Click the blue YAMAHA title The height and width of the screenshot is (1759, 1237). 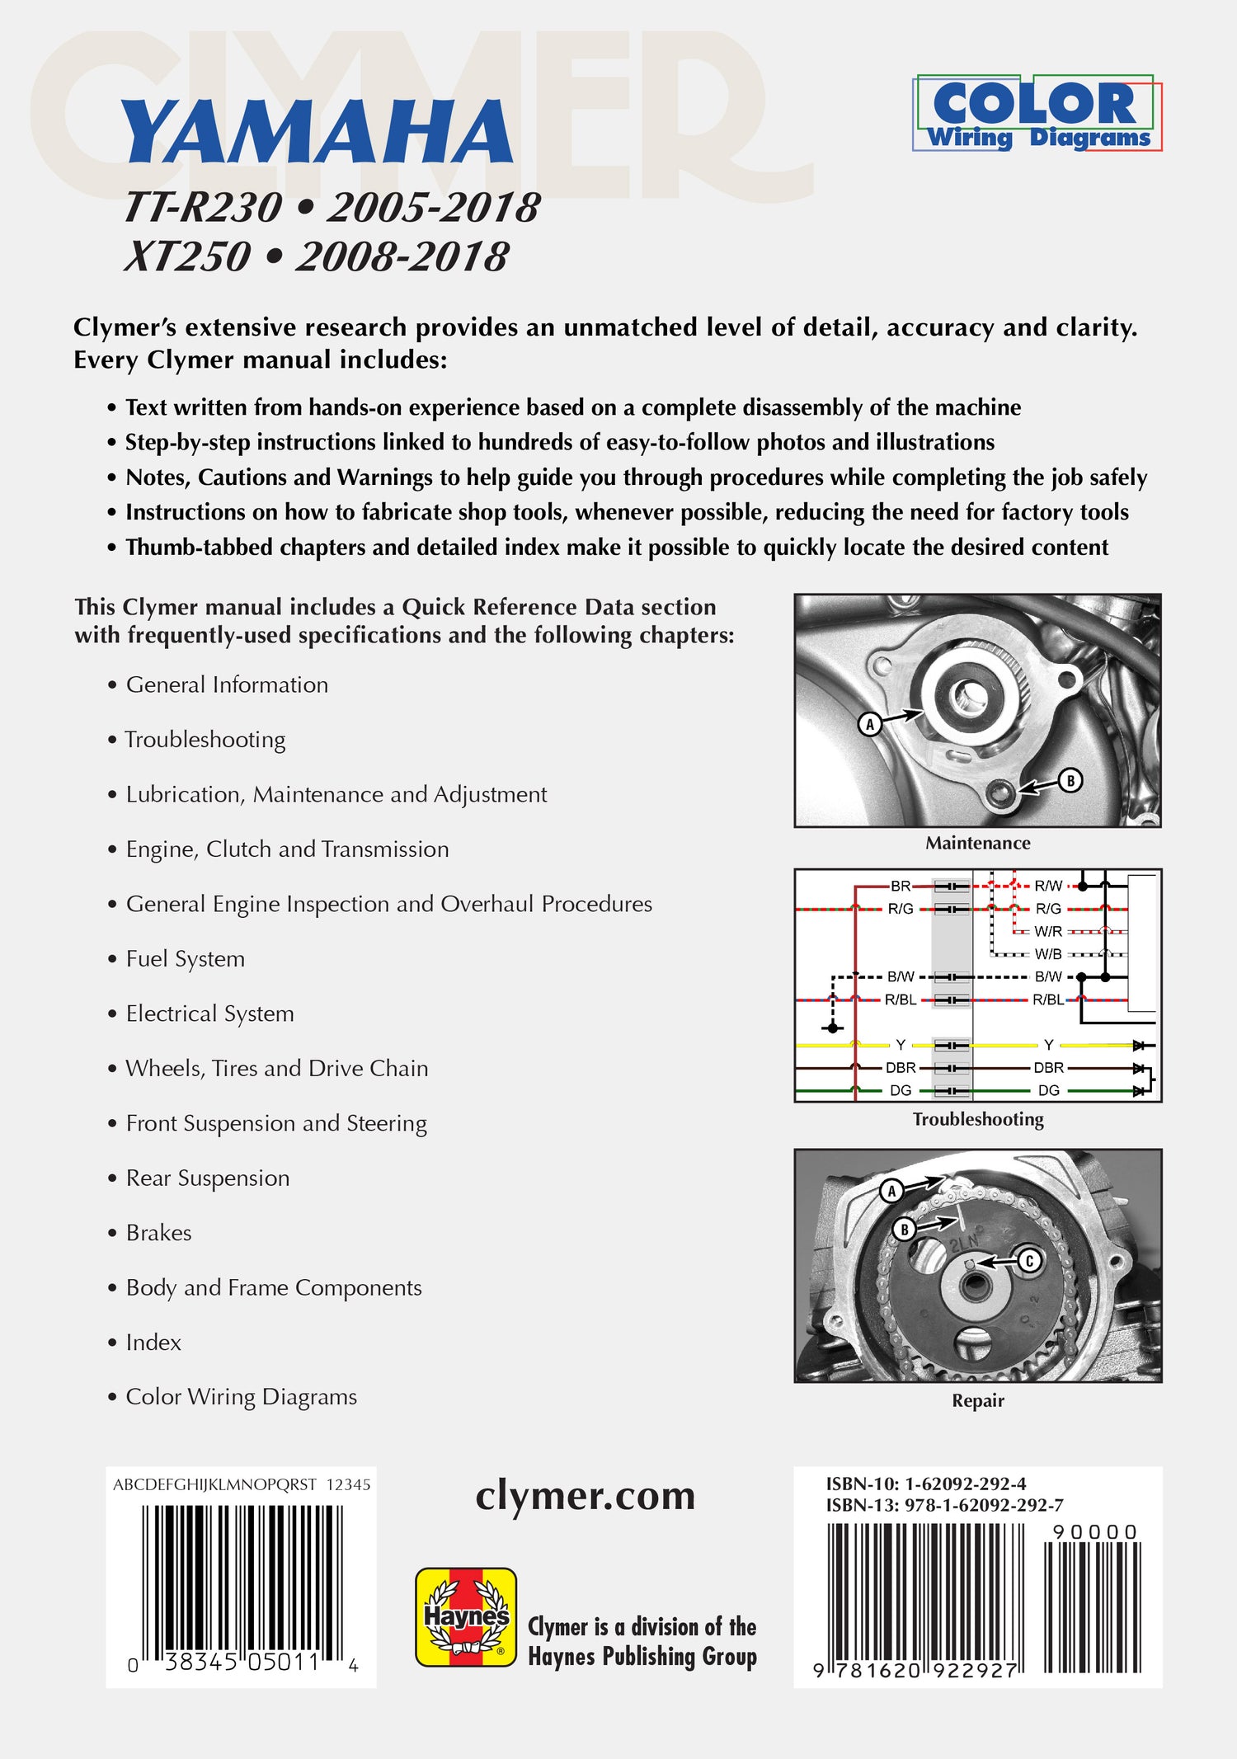point(317,132)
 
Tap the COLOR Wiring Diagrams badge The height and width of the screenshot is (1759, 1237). point(1037,114)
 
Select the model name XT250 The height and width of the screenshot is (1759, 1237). point(188,256)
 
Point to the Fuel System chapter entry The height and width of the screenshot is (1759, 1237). point(186,959)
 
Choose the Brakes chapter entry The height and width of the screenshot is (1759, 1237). point(158,1233)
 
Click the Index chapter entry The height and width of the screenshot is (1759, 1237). point(153,1343)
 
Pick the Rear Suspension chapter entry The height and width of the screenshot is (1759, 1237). point(207,1178)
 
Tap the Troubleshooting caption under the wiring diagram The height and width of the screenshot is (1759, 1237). point(977,1119)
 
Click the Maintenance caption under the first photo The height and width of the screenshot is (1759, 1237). point(977,843)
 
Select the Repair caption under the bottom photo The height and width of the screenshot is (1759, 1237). point(977,1400)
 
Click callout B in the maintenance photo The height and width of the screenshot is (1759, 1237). point(1070,780)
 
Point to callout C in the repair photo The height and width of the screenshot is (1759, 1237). point(1028,1261)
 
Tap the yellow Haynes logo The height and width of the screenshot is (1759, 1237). point(466,1617)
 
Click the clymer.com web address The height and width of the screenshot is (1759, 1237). point(585,1496)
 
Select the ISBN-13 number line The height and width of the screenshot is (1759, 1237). point(944,1505)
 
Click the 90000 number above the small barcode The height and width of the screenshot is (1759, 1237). point(1095,1532)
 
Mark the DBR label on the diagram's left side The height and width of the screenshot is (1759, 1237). point(900,1068)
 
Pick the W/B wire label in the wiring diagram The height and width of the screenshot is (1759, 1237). point(1048,954)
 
